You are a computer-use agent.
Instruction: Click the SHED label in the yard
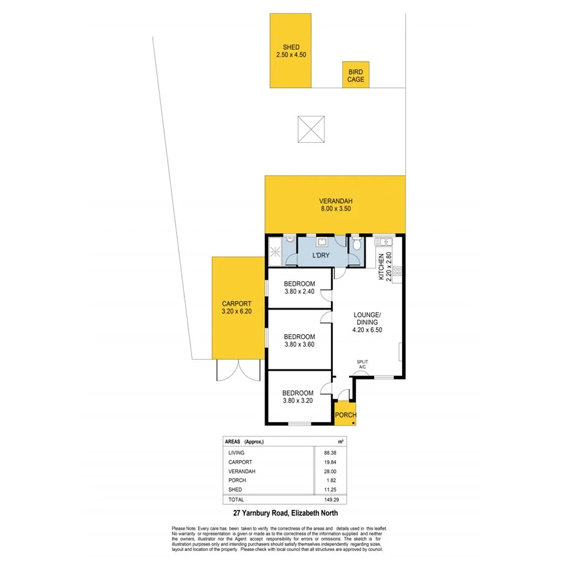point(291,47)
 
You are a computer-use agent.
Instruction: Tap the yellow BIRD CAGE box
point(355,75)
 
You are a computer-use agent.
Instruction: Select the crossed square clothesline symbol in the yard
point(312,130)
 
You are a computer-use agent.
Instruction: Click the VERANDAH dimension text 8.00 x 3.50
point(336,209)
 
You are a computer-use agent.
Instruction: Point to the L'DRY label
point(322,256)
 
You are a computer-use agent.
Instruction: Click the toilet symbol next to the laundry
point(356,245)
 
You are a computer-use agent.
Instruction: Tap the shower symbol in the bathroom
point(275,252)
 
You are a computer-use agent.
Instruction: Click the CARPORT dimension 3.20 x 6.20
point(236,312)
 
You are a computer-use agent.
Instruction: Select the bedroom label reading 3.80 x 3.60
point(298,344)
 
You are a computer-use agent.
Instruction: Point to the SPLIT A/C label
point(362,365)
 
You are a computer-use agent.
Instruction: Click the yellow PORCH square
point(345,415)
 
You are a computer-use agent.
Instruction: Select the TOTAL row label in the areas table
point(236,499)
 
